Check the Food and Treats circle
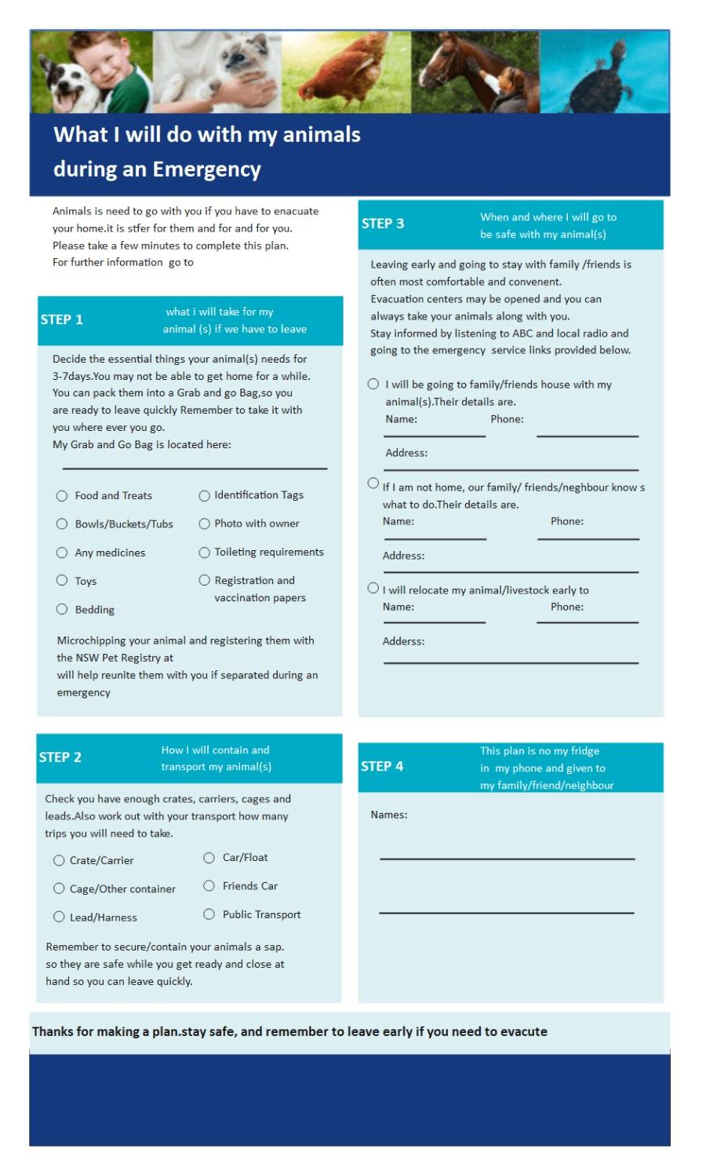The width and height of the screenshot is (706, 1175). point(62,496)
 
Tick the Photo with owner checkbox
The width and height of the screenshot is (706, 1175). point(205,524)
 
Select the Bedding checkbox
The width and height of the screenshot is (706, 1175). point(62,609)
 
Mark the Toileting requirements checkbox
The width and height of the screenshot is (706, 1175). point(205,553)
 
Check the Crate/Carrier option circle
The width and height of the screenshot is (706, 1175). point(59,860)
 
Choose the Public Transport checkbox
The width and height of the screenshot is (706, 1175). point(209,914)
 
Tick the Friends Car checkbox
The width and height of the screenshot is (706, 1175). point(209,885)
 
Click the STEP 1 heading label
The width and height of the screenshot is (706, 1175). point(62,319)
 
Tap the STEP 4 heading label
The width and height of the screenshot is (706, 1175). point(382,766)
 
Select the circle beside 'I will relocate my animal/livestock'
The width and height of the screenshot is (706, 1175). point(373,588)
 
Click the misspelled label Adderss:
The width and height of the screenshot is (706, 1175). point(403,641)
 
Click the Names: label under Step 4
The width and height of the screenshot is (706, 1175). point(389,815)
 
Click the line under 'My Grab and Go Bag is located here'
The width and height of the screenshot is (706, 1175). point(195,468)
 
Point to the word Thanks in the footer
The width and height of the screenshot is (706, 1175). point(52,1031)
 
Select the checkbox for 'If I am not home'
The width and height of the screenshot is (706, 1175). point(373,484)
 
